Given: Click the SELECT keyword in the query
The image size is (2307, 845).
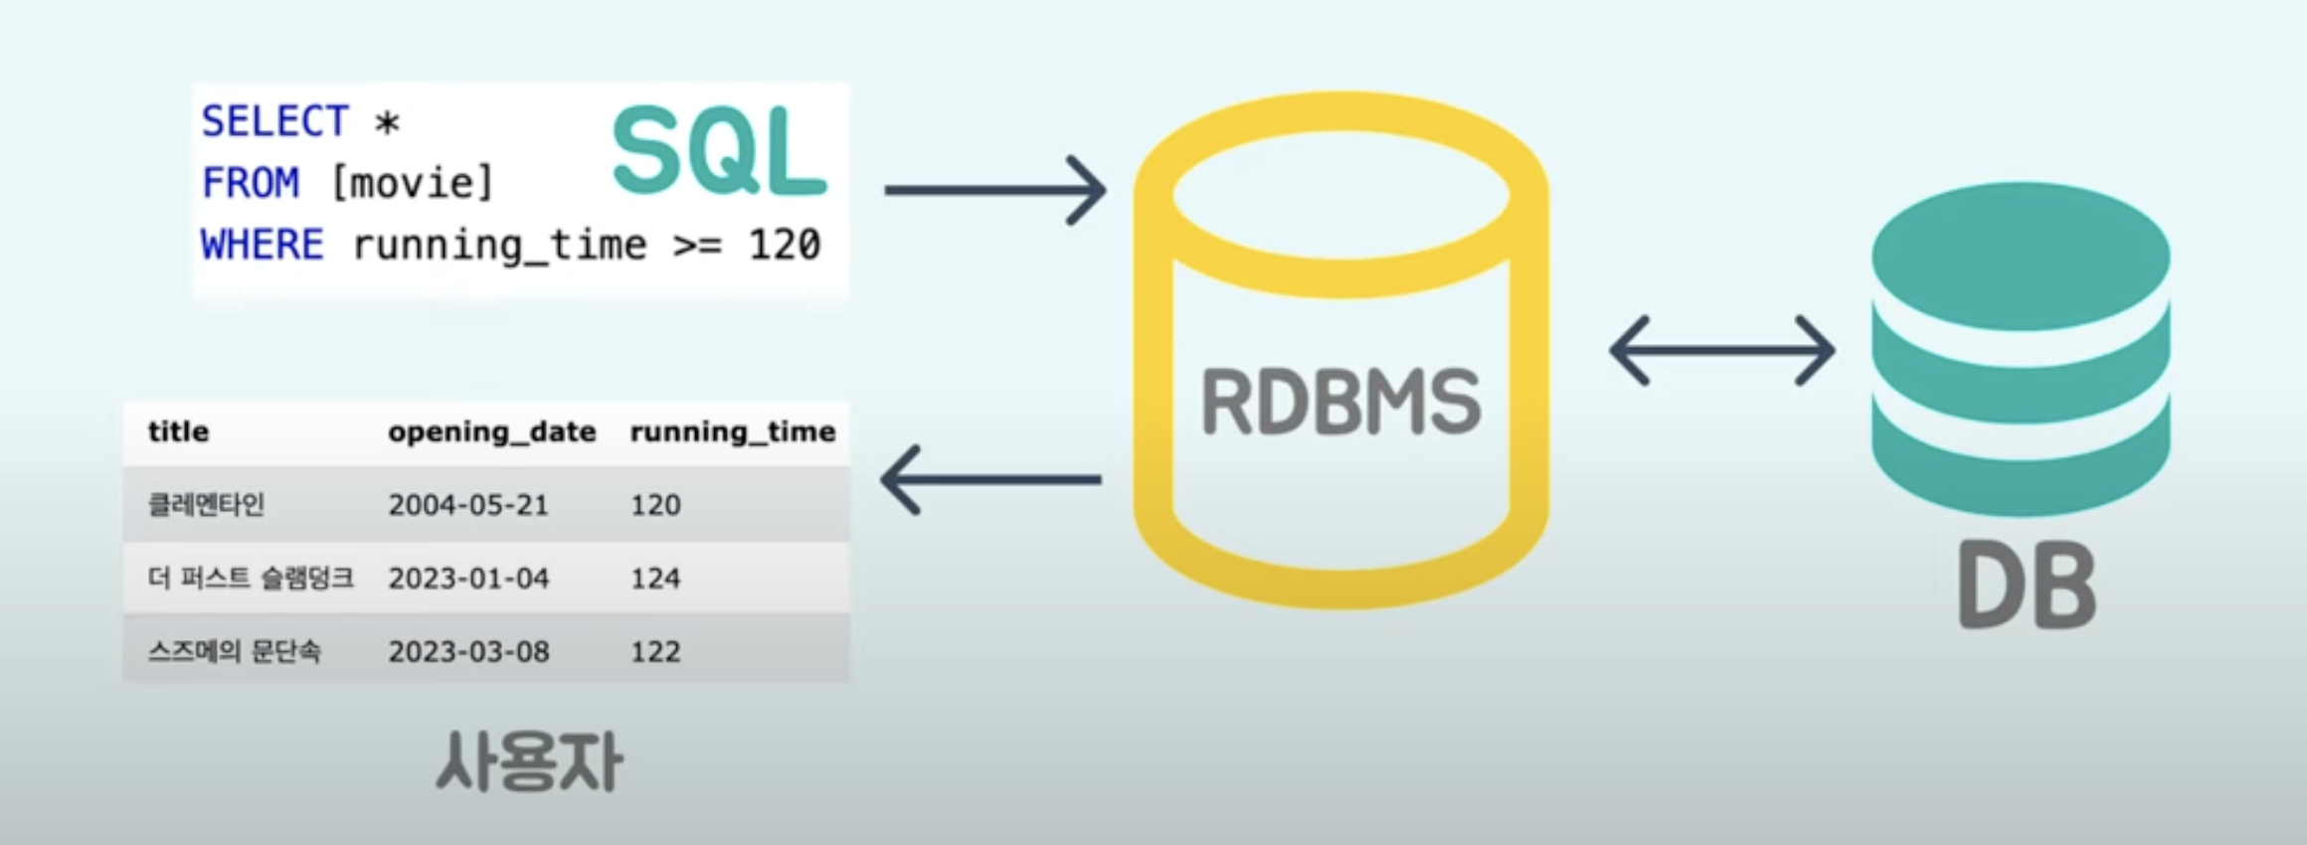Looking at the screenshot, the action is (274, 121).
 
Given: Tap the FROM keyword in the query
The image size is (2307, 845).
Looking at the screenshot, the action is (250, 183).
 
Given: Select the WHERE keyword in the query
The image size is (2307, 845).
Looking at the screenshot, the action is (263, 245).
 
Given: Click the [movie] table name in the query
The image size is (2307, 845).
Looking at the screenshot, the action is (412, 183).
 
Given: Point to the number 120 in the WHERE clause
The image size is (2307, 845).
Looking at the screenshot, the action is (785, 245).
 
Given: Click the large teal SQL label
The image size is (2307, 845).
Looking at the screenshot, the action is (719, 151).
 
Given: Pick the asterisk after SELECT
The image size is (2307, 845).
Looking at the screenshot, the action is (387, 123).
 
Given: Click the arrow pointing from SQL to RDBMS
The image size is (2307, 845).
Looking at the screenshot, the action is (995, 190).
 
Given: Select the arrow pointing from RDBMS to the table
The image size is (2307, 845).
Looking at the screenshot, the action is (990, 479).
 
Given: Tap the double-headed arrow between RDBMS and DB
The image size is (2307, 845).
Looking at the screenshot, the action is (1722, 350).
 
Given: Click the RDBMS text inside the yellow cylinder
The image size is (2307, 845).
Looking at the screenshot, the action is (1341, 402).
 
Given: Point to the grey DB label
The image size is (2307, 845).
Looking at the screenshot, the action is (2028, 586).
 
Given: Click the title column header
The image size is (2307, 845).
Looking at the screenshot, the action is (179, 431).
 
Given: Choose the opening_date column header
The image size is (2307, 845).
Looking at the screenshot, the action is (492, 432).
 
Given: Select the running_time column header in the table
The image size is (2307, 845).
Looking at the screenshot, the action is (733, 432).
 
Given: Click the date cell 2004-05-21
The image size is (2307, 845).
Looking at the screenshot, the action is (468, 505).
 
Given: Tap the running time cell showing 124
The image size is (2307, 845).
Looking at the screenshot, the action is (655, 579).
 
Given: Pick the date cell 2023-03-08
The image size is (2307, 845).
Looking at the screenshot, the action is (468, 652).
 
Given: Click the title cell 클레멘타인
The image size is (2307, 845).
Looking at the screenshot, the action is (206, 505).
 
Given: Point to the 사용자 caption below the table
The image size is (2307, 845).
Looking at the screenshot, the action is (530, 762).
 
